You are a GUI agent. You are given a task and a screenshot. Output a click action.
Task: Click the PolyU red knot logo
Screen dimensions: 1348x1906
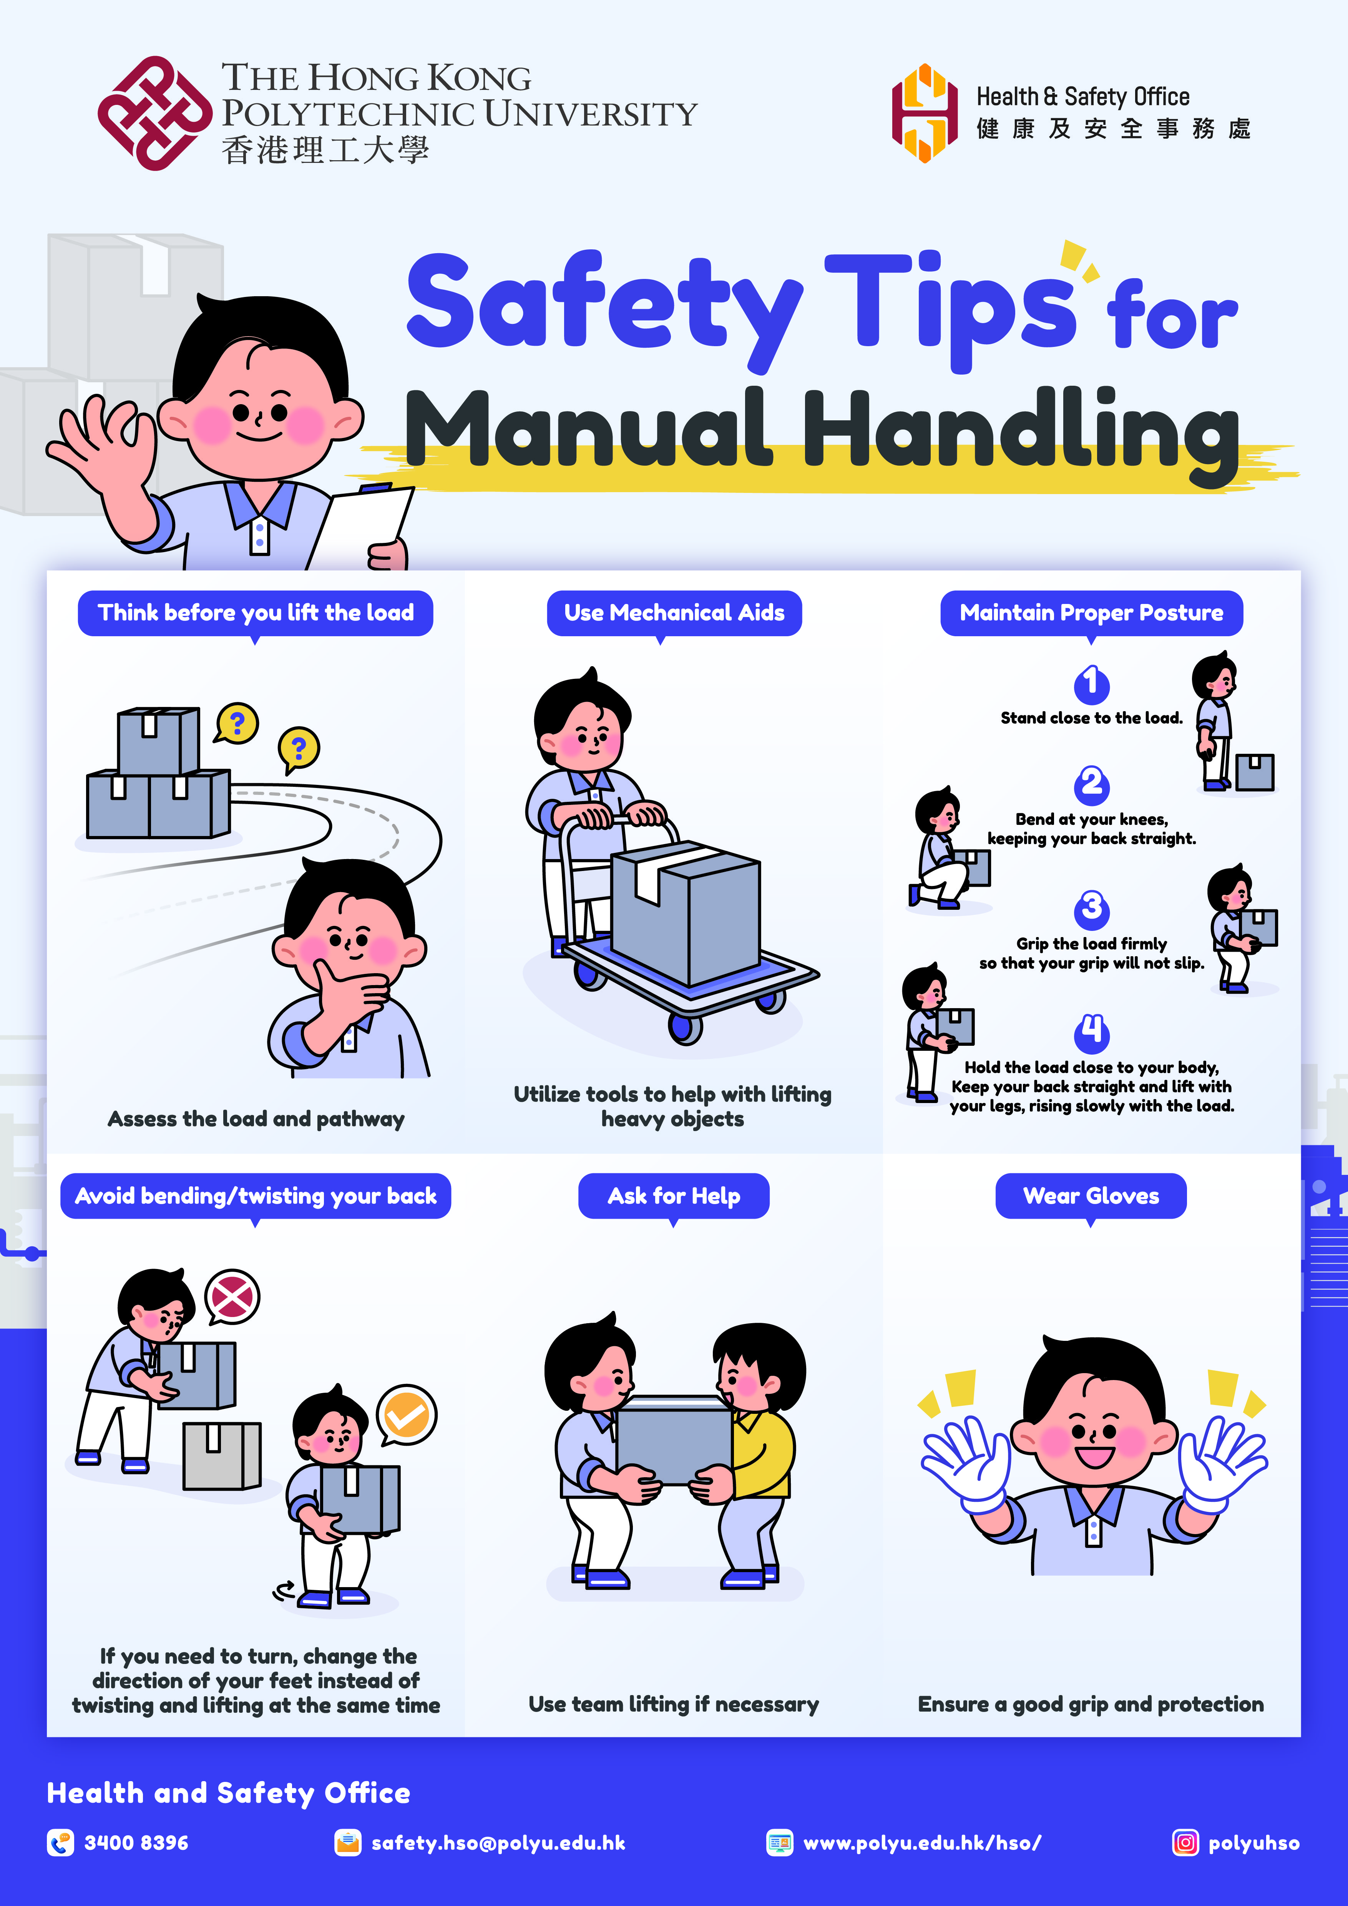(154, 114)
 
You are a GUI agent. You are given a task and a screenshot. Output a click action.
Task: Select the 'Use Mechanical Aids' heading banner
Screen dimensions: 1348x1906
(674, 614)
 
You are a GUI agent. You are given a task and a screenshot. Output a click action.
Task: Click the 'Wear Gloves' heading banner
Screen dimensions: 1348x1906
(1091, 1196)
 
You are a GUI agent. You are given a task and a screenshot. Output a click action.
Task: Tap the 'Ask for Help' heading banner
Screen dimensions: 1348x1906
(673, 1196)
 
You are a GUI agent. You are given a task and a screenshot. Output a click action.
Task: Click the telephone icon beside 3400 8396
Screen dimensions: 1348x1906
(60, 1843)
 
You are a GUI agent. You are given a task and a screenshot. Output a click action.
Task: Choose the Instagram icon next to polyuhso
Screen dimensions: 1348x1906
(1185, 1843)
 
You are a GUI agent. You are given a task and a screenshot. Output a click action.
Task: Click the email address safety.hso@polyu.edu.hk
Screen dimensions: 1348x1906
(498, 1843)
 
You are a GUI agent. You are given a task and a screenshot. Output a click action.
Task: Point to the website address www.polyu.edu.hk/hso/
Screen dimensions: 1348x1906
(922, 1843)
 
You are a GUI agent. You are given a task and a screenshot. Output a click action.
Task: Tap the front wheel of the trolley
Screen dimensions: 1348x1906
(686, 1028)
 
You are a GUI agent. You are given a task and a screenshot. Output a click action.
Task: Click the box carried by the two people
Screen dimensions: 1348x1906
(674, 1440)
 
